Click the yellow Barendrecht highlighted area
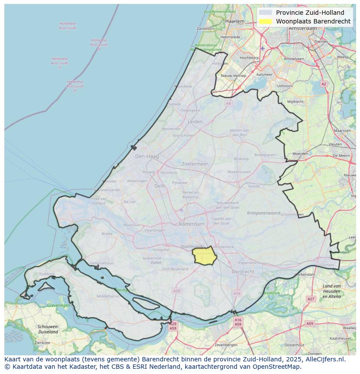[205, 257]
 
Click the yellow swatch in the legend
[265, 21]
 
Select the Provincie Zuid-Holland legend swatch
[265, 13]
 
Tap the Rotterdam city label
[191, 224]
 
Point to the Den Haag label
[147, 156]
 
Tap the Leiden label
[195, 122]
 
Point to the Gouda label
[254, 186]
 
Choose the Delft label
[160, 186]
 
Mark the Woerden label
[300, 154]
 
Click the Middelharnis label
[107, 296]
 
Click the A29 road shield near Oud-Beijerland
[176, 291]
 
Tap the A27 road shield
[310, 299]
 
